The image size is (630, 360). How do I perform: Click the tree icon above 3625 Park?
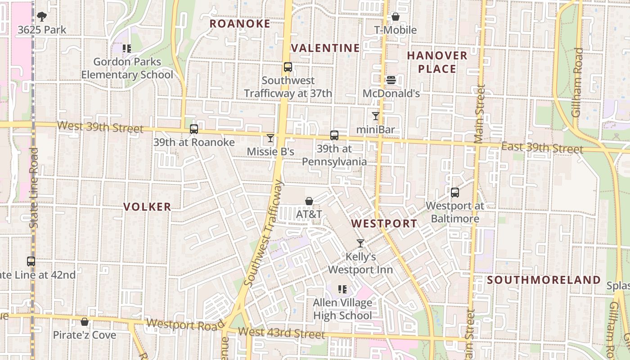coord(42,17)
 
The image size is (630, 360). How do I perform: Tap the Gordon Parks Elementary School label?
coord(127,68)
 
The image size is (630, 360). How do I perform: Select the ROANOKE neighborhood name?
coord(240,24)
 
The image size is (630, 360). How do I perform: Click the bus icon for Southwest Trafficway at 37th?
coord(288,67)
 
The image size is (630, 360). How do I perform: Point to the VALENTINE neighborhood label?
coord(326,48)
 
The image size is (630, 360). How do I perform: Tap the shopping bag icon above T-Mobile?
coord(396,17)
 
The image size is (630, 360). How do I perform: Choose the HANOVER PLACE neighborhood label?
coord(437,62)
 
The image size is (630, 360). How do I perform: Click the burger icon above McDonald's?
coord(391,80)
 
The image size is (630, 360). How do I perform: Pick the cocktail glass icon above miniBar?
coord(375,116)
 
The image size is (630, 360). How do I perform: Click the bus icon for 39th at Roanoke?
coord(194,129)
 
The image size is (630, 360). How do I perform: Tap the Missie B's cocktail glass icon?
coord(270,138)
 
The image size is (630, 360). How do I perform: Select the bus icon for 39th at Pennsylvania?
coord(334,135)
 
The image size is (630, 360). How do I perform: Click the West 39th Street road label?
coord(101,127)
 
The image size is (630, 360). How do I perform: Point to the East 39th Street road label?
coord(542,148)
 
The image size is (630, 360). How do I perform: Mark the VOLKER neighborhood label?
coord(147,207)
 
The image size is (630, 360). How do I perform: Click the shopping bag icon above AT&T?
coord(309,201)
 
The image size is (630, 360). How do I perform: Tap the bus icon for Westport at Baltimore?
coord(455,193)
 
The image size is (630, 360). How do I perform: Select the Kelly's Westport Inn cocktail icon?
coord(360,243)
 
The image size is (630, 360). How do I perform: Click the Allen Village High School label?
coord(342,309)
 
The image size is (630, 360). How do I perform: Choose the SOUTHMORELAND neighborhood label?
coord(544,280)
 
